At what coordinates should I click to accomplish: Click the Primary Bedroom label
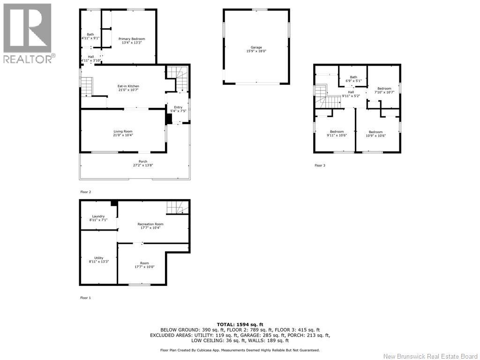[132, 39]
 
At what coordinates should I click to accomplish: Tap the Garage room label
[256, 47]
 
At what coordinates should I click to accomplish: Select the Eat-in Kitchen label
[128, 86]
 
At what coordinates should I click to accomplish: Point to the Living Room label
[123, 131]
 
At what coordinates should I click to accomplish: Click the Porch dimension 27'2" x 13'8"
[143, 165]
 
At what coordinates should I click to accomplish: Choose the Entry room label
[178, 107]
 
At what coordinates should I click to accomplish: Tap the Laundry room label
[98, 216]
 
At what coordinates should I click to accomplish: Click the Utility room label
[99, 258]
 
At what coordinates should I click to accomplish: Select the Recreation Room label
[150, 224]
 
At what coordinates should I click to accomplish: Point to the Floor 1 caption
[86, 298]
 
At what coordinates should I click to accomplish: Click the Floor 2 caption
[86, 192]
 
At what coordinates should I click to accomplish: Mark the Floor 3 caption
[320, 165]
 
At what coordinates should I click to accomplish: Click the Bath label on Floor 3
[353, 77]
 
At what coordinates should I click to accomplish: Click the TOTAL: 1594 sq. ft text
[240, 324]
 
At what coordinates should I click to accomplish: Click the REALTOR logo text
[28, 59]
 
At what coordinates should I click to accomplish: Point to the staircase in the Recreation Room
[178, 207]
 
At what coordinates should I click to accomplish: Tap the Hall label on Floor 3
[351, 92]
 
